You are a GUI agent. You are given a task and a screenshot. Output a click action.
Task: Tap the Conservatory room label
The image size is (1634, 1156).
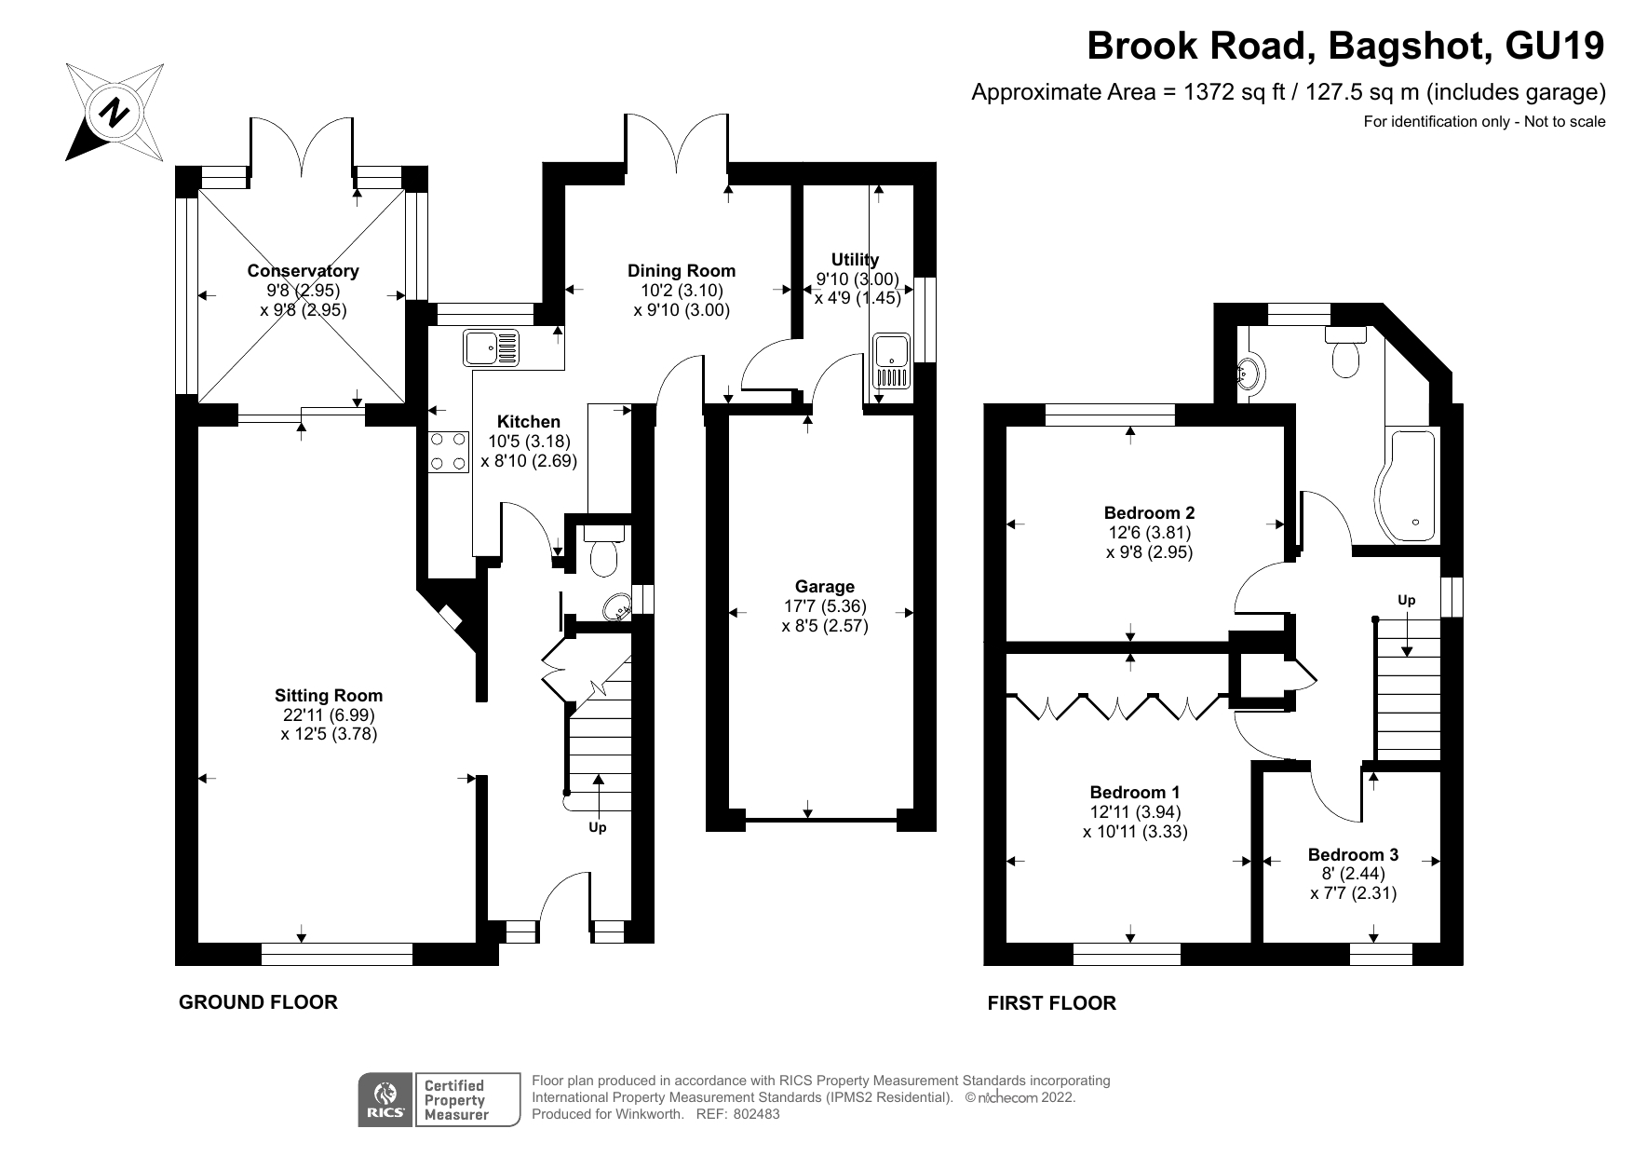[x=303, y=271]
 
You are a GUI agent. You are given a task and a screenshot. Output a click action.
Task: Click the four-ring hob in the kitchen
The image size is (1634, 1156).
[x=448, y=452]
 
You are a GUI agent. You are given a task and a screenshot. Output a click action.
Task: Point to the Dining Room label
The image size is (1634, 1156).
[x=681, y=271]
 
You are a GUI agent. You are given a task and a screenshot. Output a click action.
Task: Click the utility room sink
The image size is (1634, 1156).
[x=891, y=361]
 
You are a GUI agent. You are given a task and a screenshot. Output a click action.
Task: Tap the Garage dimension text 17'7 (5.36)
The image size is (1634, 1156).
[x=824, y=606]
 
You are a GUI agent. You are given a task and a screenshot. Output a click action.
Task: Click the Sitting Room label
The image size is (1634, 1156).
[x=328, y=695]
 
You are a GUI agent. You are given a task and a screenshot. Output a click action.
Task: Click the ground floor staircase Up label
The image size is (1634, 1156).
[x=597, y=827]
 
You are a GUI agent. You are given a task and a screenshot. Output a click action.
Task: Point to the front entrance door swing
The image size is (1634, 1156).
[x=563, y=899]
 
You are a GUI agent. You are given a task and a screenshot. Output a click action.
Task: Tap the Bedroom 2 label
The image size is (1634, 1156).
[x=1149, y=512]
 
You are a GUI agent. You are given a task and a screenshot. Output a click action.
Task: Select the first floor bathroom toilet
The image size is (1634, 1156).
[x=1344, y=352]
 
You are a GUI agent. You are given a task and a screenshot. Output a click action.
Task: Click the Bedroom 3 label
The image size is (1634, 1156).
[x=1352, y=854]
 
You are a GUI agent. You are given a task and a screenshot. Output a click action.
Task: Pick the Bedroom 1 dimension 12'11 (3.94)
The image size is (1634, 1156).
[x=1135, y=812]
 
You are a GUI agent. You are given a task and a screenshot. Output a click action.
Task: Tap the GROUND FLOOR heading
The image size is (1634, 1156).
[x=258, y=1002]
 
